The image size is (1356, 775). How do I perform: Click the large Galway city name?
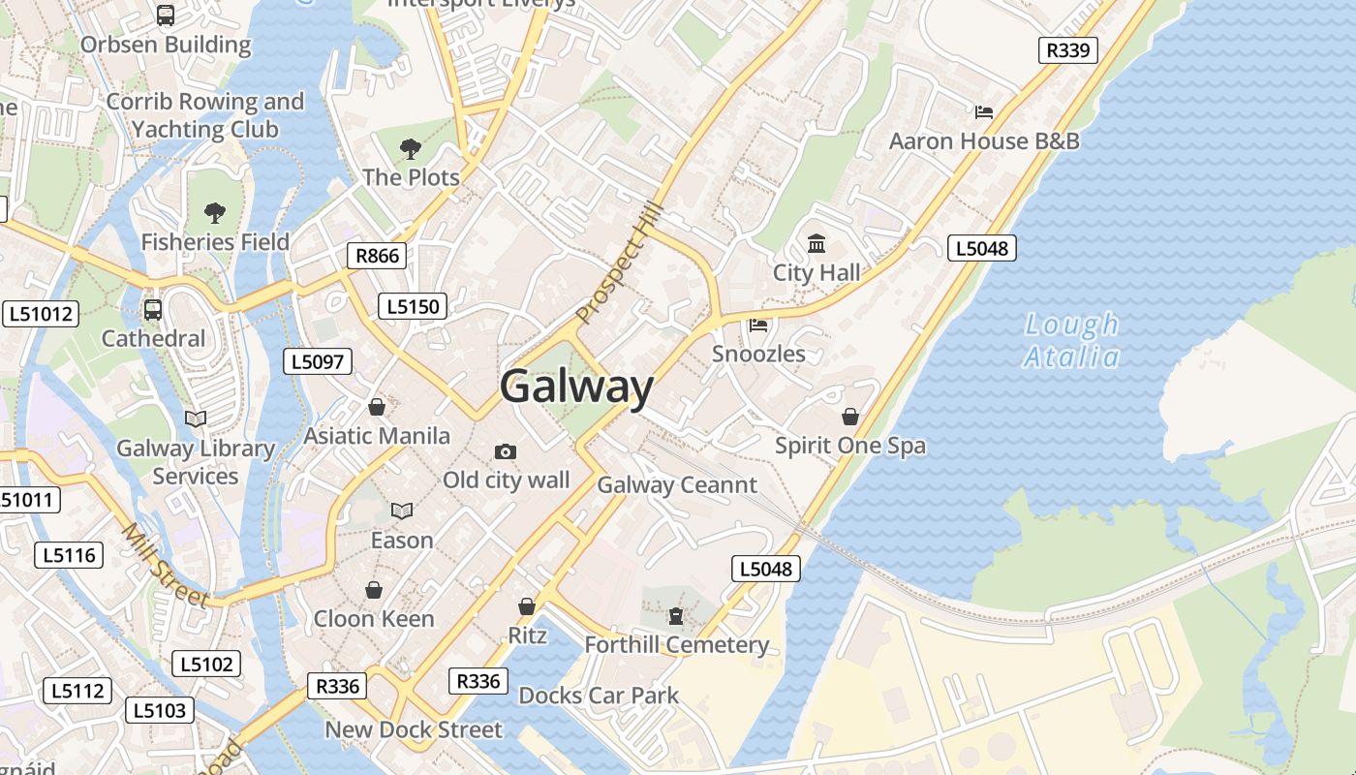577,387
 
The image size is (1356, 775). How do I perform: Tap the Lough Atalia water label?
1071,340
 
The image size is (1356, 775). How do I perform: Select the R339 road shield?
1067,50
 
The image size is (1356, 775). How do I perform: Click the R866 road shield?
377,256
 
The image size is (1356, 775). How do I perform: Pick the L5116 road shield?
69,555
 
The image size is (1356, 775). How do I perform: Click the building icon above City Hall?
817,243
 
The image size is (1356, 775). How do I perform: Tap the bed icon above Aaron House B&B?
984,112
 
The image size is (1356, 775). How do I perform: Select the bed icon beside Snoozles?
758,325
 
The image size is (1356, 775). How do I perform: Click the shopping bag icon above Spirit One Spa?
849,417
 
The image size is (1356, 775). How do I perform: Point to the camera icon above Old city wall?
505,451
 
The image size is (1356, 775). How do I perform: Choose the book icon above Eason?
402,511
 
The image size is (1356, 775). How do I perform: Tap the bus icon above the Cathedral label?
153,310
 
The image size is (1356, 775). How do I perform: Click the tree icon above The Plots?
411,149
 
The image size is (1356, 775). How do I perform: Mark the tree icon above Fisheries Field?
215,213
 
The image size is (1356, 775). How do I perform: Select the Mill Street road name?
165,566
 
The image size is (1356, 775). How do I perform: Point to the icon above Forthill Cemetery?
676,616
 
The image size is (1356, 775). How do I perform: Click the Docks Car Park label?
599,696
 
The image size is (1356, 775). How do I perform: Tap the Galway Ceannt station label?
677,484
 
